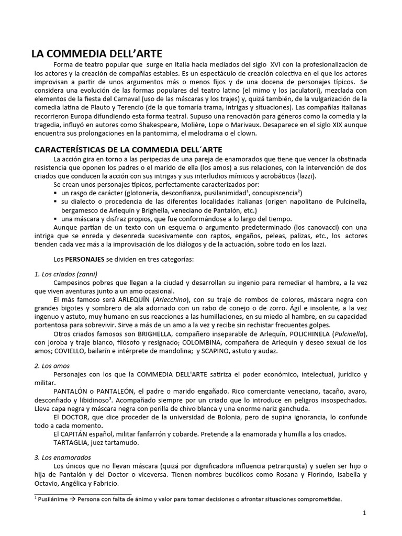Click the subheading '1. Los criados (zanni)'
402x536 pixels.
click(x=66, y=274)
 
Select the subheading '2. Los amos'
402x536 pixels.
click(x=52, y=365)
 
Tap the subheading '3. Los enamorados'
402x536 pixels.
click(x=63, y=457)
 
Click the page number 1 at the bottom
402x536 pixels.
click(x=364, y=513)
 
